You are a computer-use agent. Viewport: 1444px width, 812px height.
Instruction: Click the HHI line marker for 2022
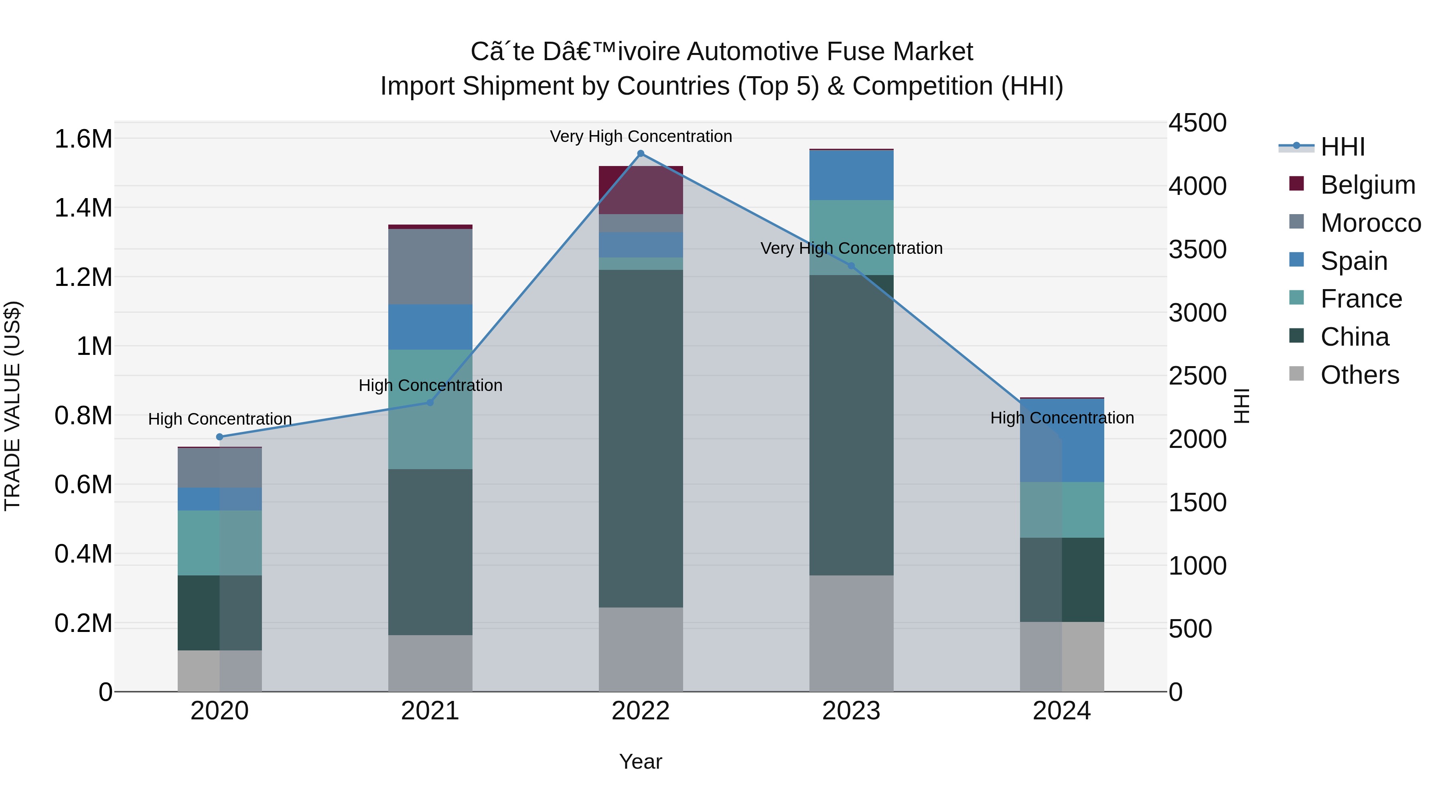pyautogui.click(x=641, y=154)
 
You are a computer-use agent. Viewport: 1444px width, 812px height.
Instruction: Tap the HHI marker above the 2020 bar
pyautogui.click(x=220, y=437)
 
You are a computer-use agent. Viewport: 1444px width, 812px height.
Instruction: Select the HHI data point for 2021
pyautogui.click(x=430, y=402)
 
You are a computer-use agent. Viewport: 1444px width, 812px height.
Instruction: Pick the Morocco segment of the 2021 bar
pyautogui.click(x=430, y=267)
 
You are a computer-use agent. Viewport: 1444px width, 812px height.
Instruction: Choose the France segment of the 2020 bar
pyautogui.click(x=220, y=543)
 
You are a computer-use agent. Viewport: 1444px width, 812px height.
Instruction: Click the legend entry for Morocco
pyautogui.click(x=1371, y=223)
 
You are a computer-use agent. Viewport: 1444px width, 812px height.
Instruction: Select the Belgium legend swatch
pyautogui.click(x=1296, y=184)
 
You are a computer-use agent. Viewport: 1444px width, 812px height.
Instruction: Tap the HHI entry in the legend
pyautogui.click(x=1342, y=147)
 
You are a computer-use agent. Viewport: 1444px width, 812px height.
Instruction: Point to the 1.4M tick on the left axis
pyautogui.click(x=83, y=208)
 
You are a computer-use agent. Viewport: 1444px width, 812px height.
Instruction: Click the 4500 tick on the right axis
pyautogui.click(x=1197, y=123)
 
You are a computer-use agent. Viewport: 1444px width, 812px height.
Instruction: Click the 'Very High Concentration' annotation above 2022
pyautogui.click(x=641, y=136)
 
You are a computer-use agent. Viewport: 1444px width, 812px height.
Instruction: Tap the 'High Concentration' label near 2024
pyautogui.click(x=1062, y=418)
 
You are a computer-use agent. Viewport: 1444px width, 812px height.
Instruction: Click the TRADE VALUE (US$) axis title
pyautogui.click(x=12, y=406)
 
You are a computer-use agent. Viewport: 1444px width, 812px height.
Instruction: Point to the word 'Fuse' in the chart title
pyautogui.click(x=856, y=52)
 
